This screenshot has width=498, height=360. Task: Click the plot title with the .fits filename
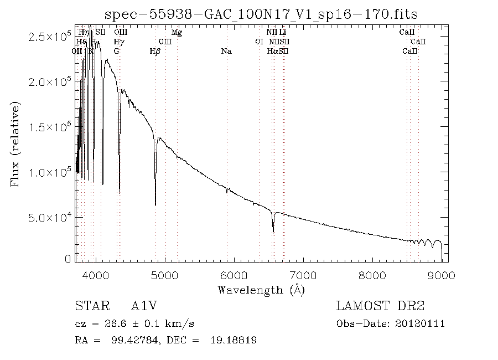click(262, 13)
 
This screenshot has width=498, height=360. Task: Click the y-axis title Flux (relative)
click(15, 143)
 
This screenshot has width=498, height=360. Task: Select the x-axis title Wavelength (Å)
click(261, 290)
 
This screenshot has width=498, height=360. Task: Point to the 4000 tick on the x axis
click(96, 275)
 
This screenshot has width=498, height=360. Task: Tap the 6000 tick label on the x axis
click(234, 275)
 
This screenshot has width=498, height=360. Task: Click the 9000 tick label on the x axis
click(441, 275)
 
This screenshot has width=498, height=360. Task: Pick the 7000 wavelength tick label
click(303, 275)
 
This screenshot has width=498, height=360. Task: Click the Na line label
click(226, 52)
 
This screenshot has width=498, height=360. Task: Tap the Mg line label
click(177, 33)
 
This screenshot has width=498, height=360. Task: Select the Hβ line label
click(155, 52)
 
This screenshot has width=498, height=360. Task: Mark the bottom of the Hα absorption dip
click(273, 232)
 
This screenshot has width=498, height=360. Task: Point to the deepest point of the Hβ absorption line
click(155, 205)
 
